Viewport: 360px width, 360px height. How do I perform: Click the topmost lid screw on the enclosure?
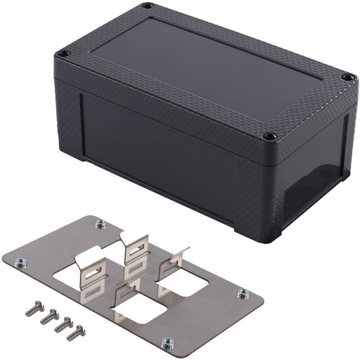148,6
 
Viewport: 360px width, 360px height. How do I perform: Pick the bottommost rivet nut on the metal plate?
167,343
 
